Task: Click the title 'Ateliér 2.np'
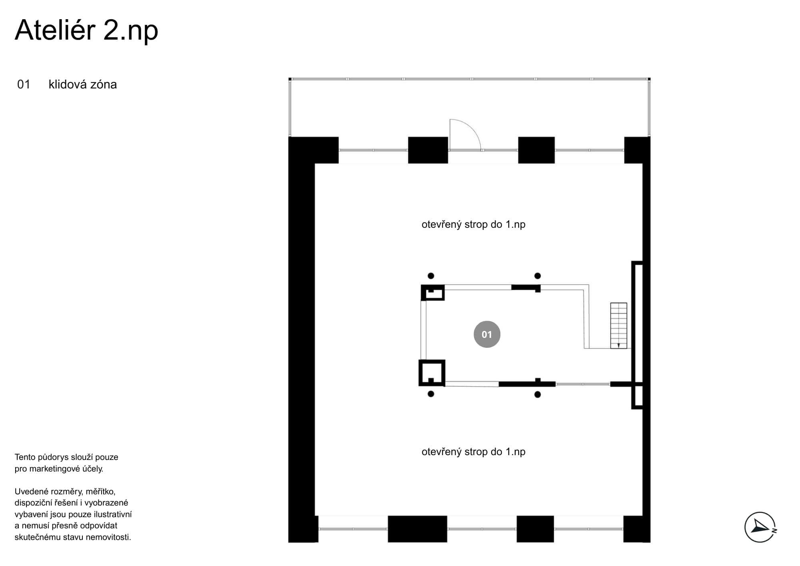pos(86,30)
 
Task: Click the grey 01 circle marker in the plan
pos(487,334)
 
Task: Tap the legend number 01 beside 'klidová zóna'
pos(24,84)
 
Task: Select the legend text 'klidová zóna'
pos(83,84)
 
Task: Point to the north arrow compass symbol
pos(760,527)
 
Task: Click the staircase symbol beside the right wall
pos(618,325)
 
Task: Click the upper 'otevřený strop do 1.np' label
pos(474,225)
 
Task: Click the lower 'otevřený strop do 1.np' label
pos(474,452)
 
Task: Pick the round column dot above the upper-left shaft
pos(431,276)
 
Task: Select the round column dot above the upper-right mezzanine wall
pos(538,276)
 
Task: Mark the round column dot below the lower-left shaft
pos(431,394)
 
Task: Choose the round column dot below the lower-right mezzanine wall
pos(538,395)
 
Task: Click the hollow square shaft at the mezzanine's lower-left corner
pos(420,373)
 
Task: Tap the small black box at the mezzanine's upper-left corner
pos(433,293)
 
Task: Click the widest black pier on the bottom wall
pos(417,529)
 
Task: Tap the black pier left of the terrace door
pos(428,150)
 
